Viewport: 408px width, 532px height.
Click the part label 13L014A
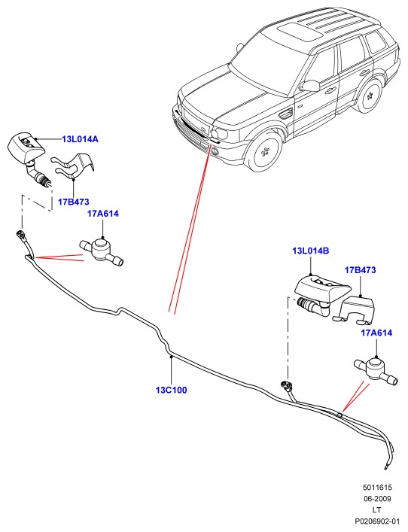80,139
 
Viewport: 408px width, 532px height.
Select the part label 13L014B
311,251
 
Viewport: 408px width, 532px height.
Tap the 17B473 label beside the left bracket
74,202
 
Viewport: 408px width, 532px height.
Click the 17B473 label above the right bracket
361,270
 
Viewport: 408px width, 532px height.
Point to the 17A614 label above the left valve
103,214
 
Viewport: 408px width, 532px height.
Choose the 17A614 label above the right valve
376,333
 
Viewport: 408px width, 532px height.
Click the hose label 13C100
172,391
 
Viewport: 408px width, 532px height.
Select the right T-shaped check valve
376,371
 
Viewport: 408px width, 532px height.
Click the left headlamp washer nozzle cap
26,145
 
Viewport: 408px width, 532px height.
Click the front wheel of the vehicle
264,152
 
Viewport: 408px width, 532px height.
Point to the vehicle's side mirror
311,85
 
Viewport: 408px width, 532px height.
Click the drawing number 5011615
377,488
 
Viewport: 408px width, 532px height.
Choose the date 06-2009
377,499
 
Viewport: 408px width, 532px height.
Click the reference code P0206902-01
377,521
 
